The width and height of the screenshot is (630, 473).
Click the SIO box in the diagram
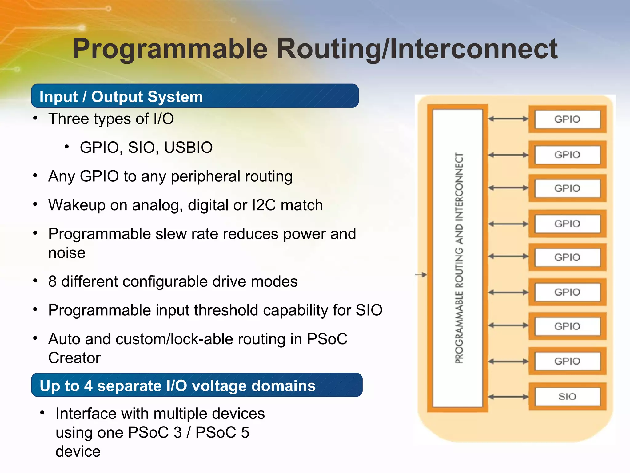point(567,397)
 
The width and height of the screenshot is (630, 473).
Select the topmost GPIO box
point(567,119)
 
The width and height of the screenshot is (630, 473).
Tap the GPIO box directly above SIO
point(567,361)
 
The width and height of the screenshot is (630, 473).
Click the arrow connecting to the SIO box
point(508,397)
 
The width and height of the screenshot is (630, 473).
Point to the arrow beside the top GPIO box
point(508,119)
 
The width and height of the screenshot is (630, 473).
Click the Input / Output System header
point(121,97)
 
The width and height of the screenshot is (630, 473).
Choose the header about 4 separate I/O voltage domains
point(177,386)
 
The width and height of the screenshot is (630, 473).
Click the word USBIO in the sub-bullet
point(188,147)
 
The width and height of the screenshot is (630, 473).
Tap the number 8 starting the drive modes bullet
point(52,281)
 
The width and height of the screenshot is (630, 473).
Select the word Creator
point(74,358)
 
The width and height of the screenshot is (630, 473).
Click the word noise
point(67,253)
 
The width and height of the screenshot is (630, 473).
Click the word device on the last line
point(78,451)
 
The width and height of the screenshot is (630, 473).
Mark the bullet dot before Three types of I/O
point(35,119)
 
